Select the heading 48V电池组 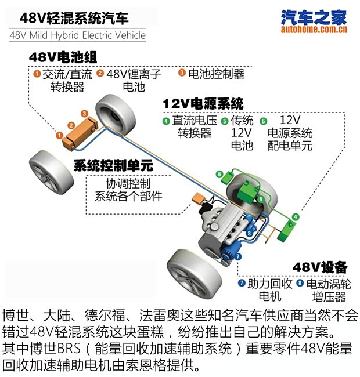click(x=62, y=57)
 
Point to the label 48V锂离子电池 click(x=134, y=80)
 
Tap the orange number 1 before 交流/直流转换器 click(x=37, y=74)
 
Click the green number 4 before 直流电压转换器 click(x=166, y=121)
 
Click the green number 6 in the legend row click(x=263, y=121)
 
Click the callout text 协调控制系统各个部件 click(x=128, y=189)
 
